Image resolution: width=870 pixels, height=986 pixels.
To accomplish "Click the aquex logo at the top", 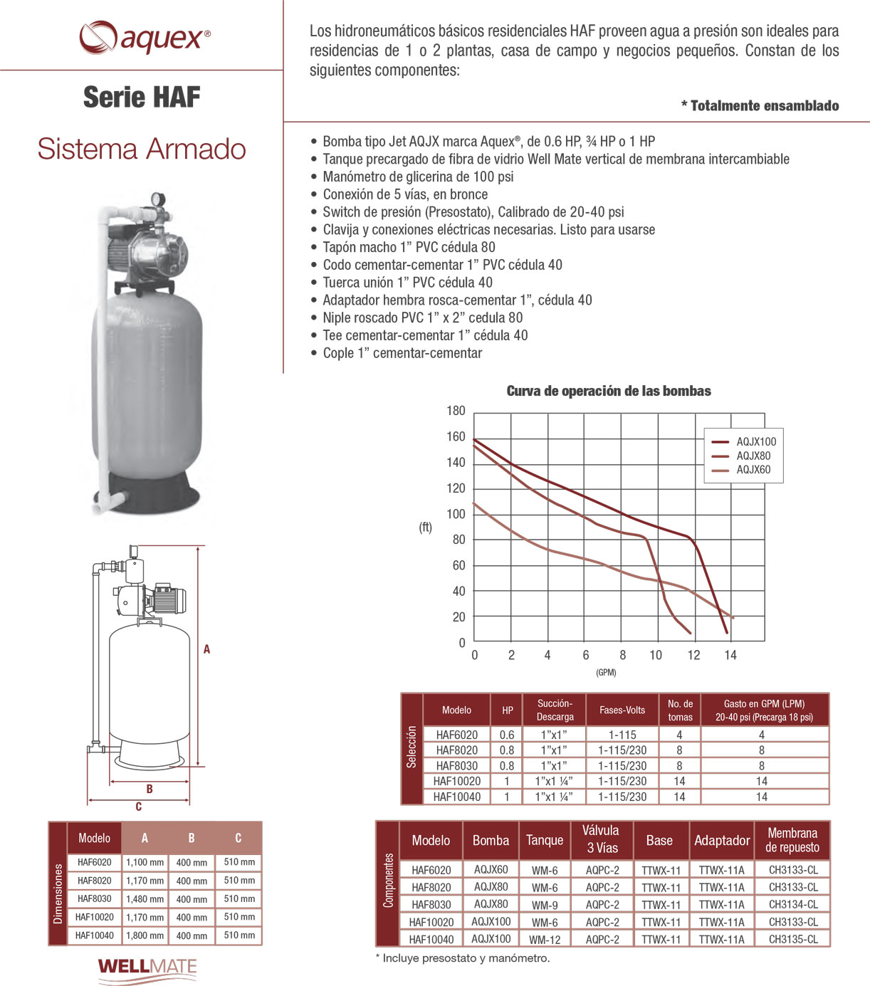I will click(145, 37).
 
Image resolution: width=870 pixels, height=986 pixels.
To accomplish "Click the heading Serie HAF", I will click(142, 98).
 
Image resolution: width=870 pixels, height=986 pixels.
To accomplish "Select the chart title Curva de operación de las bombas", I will click(609, 391).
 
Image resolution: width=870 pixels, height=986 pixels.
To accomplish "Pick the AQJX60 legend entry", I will click(753, 470).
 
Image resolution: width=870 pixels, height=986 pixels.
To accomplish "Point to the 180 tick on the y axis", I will click(456, 411).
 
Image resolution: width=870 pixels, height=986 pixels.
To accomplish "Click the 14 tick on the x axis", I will click(730, 655).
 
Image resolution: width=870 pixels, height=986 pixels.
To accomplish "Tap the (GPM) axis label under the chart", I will click(606, 673).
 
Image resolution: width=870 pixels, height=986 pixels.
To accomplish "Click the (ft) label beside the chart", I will click(425, 528).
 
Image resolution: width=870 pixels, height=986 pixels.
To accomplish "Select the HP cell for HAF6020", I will click(507, 735).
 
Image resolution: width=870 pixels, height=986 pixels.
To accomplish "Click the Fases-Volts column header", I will click(622, 710).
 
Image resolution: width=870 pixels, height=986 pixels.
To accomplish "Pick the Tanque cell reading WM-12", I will click(545, 940).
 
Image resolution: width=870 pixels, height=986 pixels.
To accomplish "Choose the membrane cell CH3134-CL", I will click(793, 905).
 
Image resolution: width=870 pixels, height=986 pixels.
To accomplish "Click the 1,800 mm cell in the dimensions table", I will click(145, 935).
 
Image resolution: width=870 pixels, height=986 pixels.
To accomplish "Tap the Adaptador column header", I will click(722, 841).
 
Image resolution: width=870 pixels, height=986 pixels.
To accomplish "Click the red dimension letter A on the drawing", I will click(206, 649).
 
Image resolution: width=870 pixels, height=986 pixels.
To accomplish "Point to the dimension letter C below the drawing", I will click(138, 807).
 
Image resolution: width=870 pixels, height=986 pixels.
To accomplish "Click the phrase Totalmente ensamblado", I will click(764, 106).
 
